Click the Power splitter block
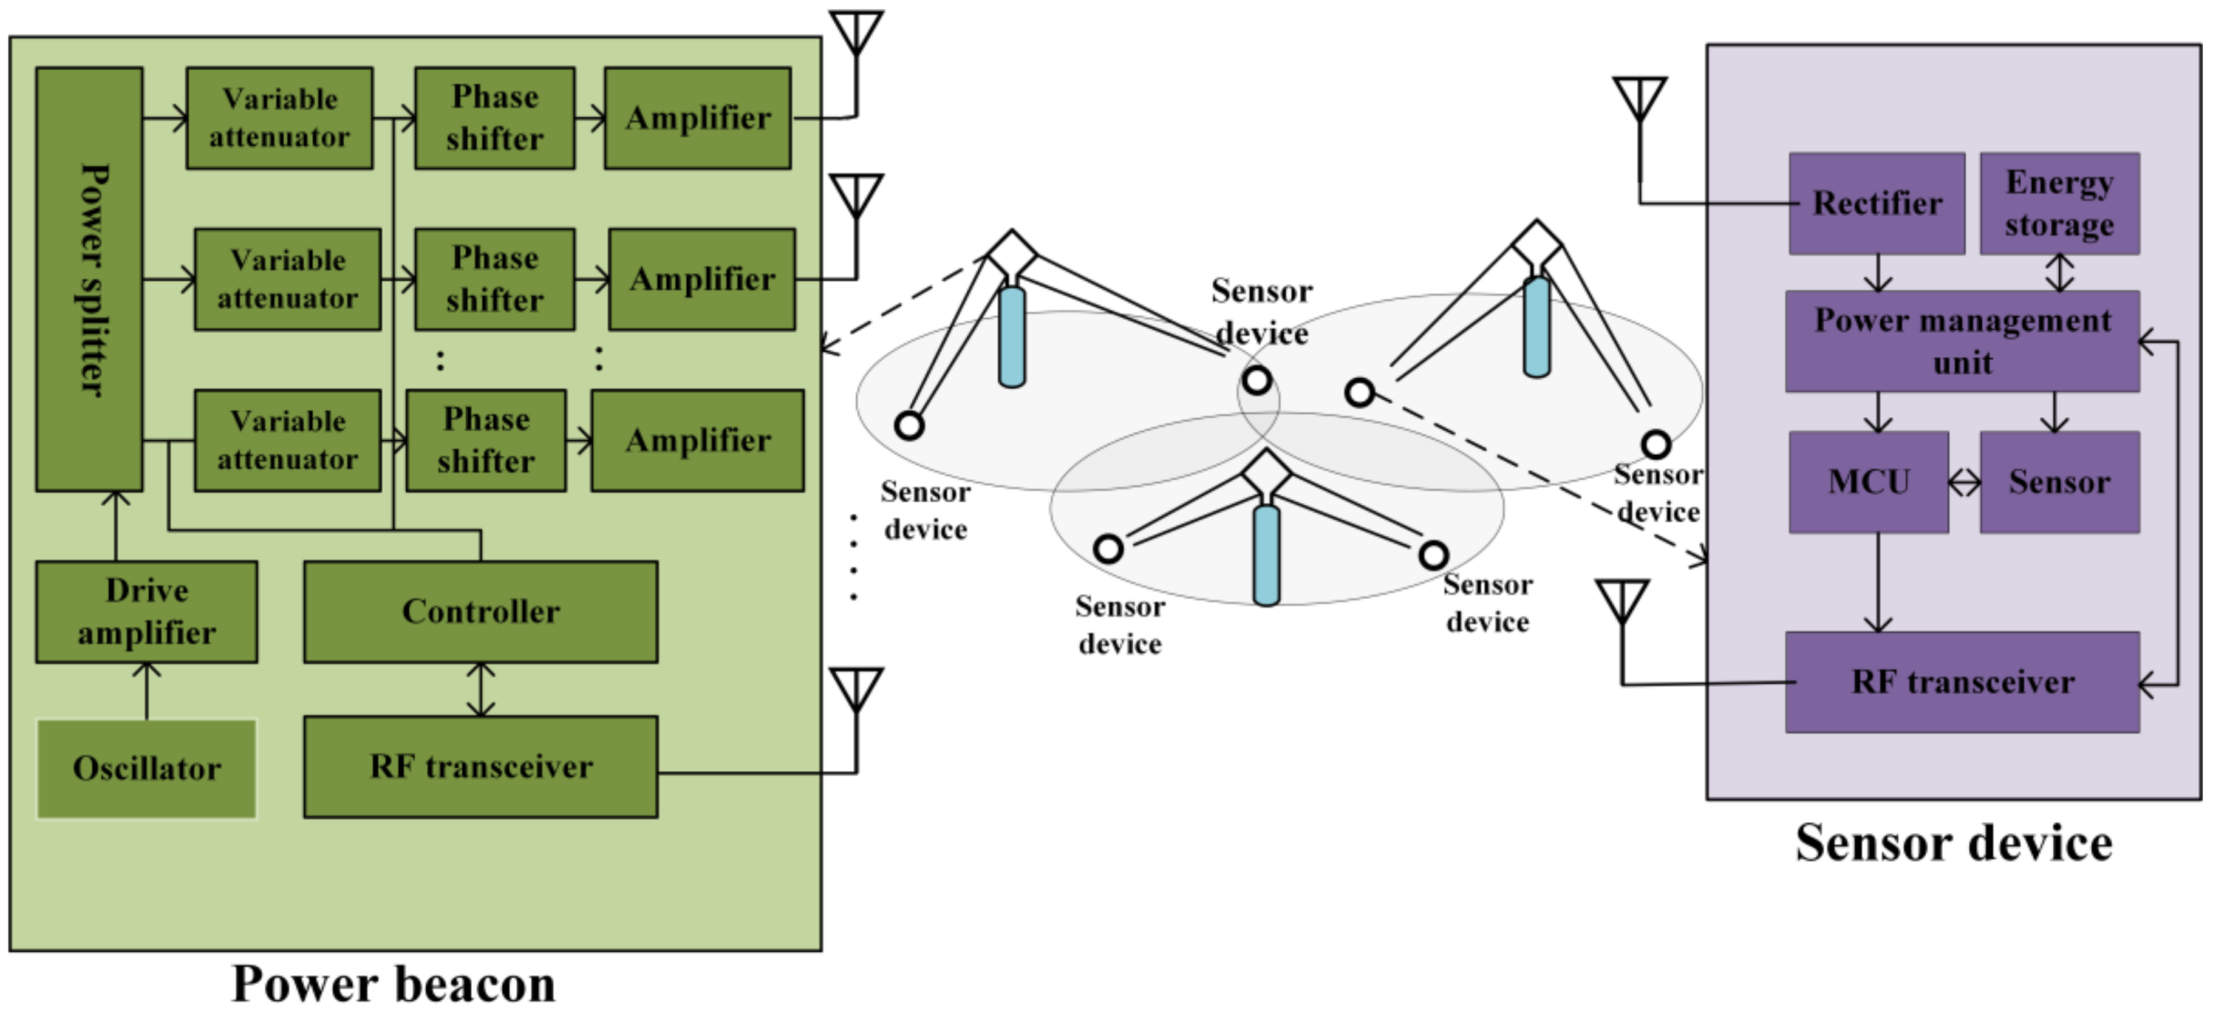pyautogui.click(x=89, y=279)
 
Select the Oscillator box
pyautogui.click(x=146, y=768)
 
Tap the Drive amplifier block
pyautogui.click(x=146, y=612)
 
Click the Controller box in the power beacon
pyautogui.click(x=481, y=612)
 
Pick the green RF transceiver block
pyautogui.click(x=481, y=766)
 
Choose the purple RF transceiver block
pyautogui.click(x=1962, y=682)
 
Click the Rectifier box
pyautogui.click(x=1877, y=203)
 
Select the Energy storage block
pyautogui.click(x=2059, y=203)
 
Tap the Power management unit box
pyautogui.click(x=1962, y=341)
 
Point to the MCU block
pyautogui.click(x=1869, y=482)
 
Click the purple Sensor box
pyautogui.click(x=2059, y=482)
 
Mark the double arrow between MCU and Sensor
pyautogui.click(x=1965, y=483)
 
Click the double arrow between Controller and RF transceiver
pyautogui.click(x=481, y=689)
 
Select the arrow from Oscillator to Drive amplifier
pyautogui.click(x=147, y=691)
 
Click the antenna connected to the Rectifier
pyautogui.click(x=1640, y=129)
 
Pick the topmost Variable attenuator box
pyautogui.click(x=279, y=118)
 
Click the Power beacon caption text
pyautogui.click(x=394, y=984)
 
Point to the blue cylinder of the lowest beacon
pyautogui.click(x=1266, y=556)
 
